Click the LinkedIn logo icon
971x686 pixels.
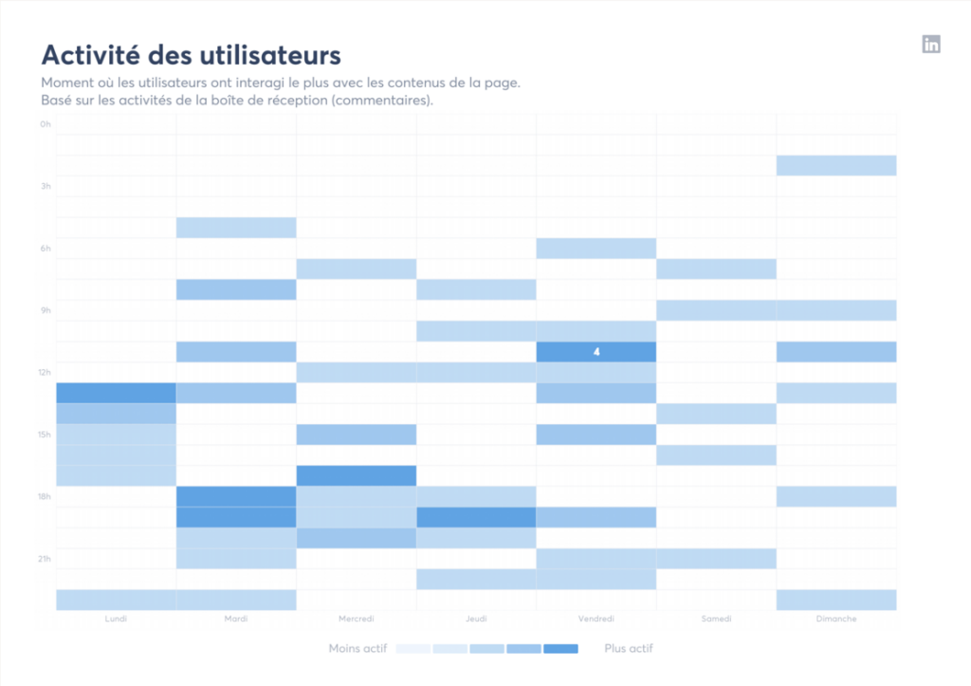(931, 44)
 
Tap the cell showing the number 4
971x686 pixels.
(596, 352)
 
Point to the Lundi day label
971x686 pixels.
(116, 619)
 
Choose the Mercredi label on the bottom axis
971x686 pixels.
(356, 619)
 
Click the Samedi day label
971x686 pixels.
(716, 619)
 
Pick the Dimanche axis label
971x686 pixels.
(835, 619)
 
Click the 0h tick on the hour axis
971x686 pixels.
(46, 124)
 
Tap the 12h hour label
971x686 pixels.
(45, 372)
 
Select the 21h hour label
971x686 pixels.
(45, 558)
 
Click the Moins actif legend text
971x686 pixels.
(357, 649)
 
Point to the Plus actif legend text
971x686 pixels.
(629, 649)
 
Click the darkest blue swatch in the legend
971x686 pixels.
(560, 649)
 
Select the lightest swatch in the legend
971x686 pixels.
(413, 649)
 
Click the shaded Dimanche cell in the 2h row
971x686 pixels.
(835, 165)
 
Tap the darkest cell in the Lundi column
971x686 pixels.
(116, 393)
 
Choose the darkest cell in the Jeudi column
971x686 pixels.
(476, 517)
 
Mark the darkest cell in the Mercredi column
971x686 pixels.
(356, 475)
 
